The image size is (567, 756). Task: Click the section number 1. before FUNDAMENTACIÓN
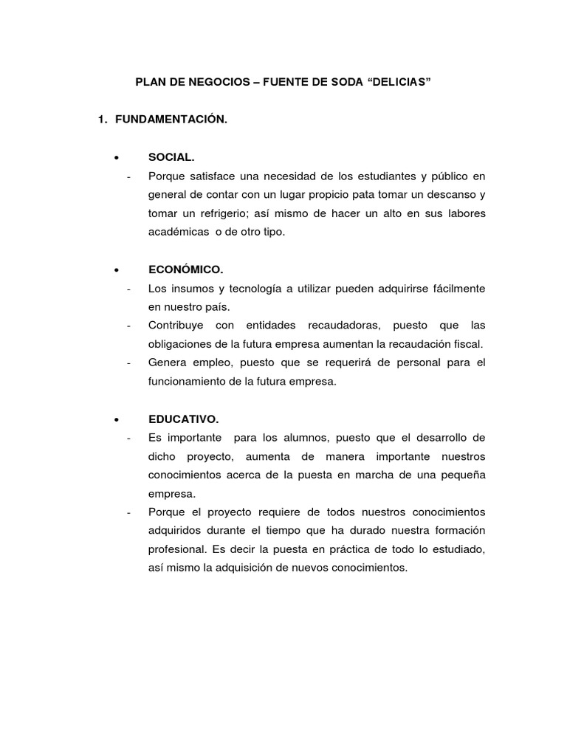coord(103,120)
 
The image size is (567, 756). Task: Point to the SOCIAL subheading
coord(171,157)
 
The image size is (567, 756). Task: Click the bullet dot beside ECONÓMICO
coord(117,269)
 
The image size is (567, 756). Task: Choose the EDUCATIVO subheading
coord(183,419)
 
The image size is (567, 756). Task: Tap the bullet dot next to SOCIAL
coord(117,157)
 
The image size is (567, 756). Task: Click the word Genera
coord(165,362)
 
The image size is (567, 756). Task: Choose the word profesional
coord(177,549)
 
